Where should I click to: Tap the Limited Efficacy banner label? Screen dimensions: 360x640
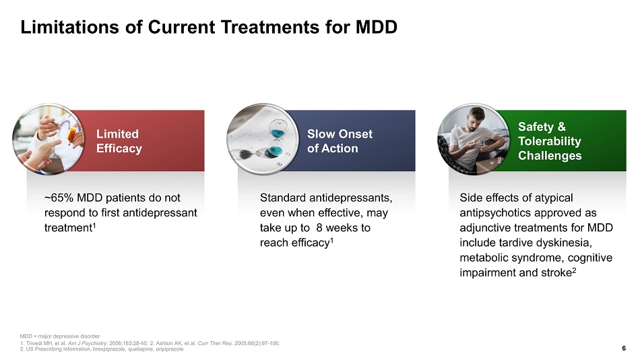(x=119, y=141)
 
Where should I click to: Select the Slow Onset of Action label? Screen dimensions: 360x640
(x=340, y=141)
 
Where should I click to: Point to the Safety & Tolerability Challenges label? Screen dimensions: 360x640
(x=550, y=141)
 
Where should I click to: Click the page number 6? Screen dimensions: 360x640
(x=624, y=348)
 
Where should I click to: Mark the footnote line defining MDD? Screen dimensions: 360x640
(x=60, y=336)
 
